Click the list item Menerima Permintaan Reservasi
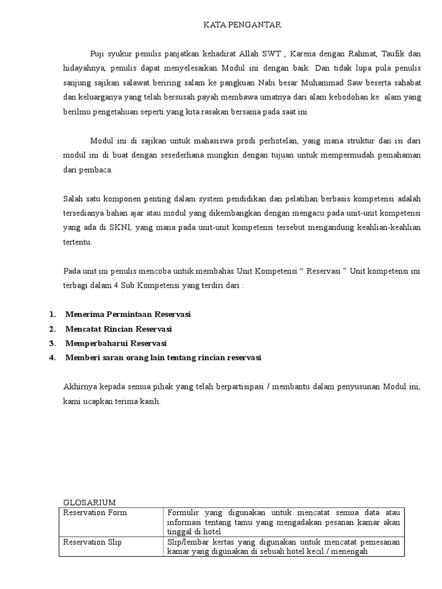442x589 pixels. click(128, 315)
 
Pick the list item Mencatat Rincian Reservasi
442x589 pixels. click(119, 329)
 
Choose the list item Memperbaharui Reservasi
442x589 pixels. click(116, 343)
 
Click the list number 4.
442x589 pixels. click(52, 358)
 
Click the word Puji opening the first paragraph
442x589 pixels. click(98, 54)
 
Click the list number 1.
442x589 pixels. click(52, 315)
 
